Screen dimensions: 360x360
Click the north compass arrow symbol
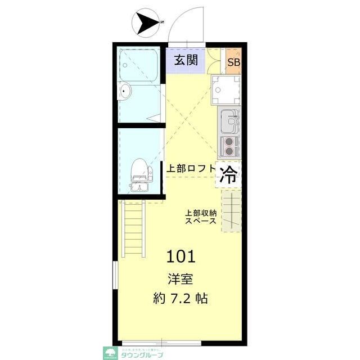146,24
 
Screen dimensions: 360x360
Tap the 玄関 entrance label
185,60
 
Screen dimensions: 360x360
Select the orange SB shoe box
233,62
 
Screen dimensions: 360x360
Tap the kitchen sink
229,120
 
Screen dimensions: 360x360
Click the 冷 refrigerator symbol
228,175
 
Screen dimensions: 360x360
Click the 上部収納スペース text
201,217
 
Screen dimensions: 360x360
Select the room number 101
181,256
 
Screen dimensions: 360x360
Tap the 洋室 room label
181,278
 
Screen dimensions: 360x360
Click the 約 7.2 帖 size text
181,299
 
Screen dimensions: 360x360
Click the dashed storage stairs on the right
231,211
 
